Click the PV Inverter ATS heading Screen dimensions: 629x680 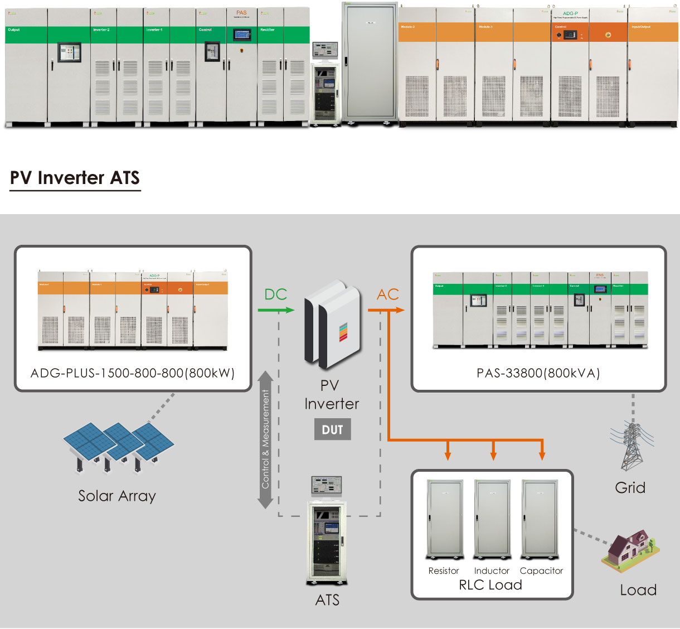75,178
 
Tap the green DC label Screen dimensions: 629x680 275,294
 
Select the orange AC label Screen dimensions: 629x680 388,294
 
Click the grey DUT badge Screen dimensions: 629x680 332,429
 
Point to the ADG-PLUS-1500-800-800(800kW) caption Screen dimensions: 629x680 133,373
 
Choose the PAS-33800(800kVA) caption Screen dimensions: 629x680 538,373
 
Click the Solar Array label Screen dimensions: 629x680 116,496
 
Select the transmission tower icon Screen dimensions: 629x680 632,446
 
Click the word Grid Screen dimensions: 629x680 630,488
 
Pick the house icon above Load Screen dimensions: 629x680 630,551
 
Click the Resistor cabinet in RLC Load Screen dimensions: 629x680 445,519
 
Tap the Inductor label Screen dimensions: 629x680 492,571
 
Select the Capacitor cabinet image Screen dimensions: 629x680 540,519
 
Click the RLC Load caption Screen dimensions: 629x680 490,585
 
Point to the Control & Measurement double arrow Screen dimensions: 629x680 266,440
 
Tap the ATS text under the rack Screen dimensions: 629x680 327,600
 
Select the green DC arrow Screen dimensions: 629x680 276,309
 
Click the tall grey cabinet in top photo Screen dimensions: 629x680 370,62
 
